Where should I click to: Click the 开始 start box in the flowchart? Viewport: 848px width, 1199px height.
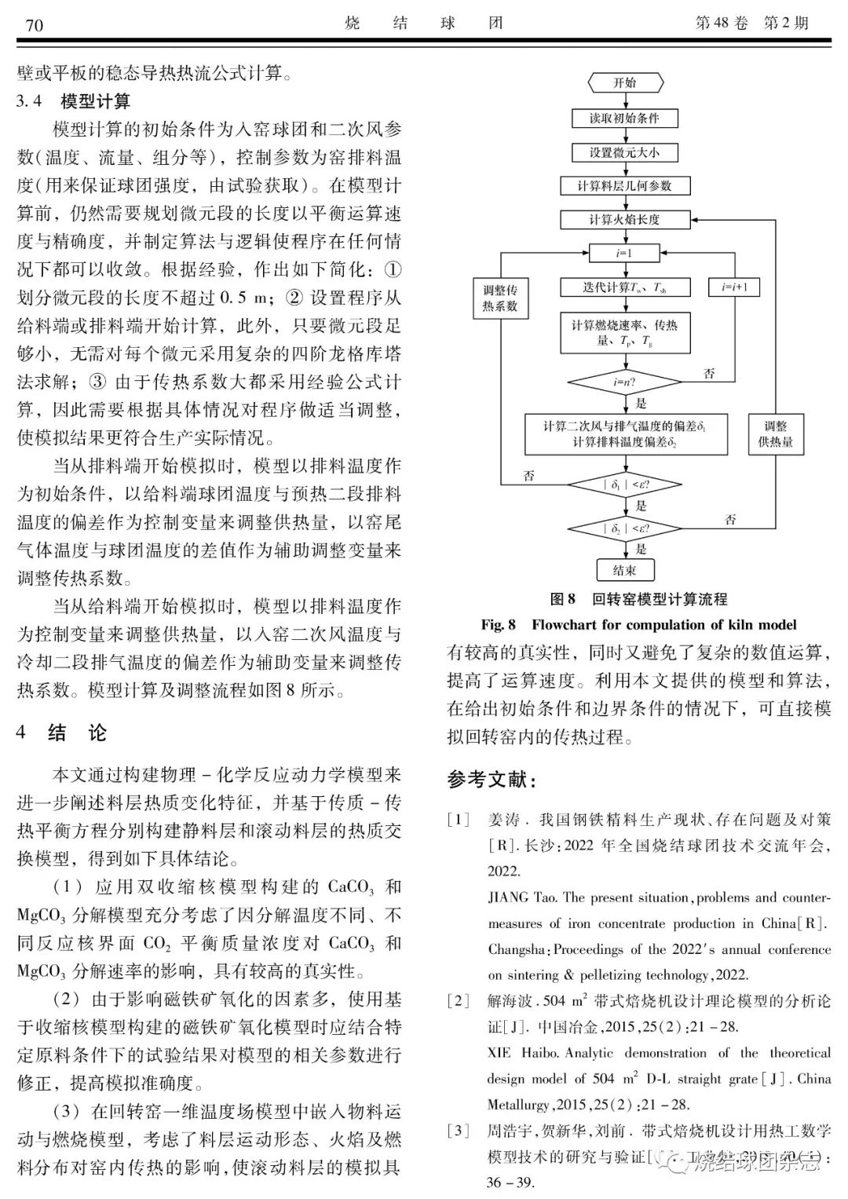pyautogui.click(x=625, y=82)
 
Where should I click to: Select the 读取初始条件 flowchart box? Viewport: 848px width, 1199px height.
pyautogui.click(x=625, y=119)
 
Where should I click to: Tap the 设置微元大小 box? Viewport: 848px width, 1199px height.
pyautogui.click(x=625, y=152)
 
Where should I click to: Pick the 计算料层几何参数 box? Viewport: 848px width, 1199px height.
pyautogui.click(x=625, y=186)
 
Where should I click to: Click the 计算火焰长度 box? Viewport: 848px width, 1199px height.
pyautogui.click(x=625, y=220)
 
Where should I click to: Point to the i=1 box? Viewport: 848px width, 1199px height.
pyautogui.click(x=625, y=254)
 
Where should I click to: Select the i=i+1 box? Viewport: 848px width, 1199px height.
pyautogui.click(x=735, y=287)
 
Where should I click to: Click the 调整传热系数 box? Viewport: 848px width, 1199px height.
pyautogui.click(x=500, y=298)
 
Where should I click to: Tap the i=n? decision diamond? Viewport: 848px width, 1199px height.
pyautogui.click(x=625, y=383)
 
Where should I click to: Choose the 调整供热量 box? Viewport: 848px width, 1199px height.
pyautogui.click(x=775, y=434)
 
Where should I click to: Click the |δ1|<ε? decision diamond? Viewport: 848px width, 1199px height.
pyautogui.click(x=625, y=485)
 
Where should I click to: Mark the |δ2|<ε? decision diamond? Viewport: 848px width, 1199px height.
pyautogui.click(x=625, y=528)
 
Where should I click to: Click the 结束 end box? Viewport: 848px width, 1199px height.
pyautogui.click(x=625, y=570)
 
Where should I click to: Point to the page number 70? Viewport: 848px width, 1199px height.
pyautogui.click(x=35, y=26)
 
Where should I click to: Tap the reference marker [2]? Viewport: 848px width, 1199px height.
pyautogui.click(x=459, y=1001)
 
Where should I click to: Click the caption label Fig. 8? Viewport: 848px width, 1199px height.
pyautogui.click(x=499, y=625)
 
